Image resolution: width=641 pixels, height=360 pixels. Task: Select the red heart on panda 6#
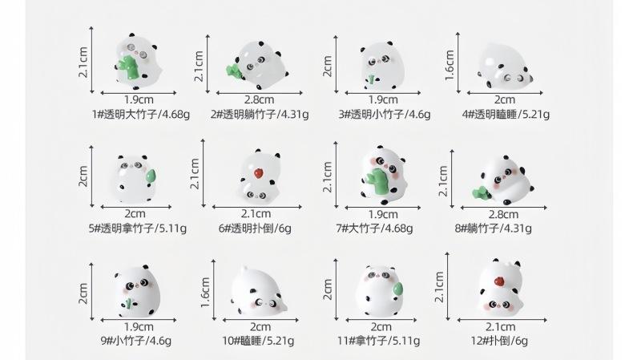[258, 171]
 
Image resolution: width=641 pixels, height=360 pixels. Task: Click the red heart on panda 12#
[496, 281]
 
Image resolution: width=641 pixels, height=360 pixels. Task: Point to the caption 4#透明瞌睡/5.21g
[506, 114]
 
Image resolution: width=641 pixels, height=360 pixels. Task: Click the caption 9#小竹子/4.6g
[135, 340]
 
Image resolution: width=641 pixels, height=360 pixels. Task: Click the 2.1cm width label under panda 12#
[501, 326]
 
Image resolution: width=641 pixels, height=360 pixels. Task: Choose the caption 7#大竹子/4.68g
[376, 228]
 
